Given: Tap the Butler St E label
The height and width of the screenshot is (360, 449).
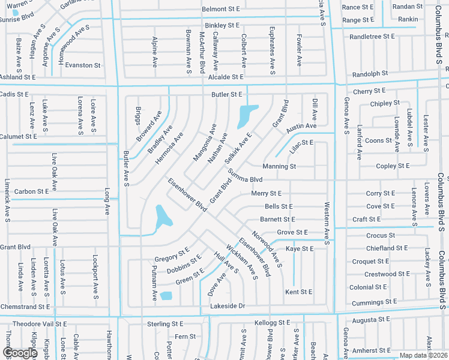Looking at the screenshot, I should coord(226,95).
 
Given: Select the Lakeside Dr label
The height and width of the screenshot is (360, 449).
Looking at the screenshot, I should coord(228,306).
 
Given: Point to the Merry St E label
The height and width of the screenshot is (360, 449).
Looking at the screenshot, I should coord(266,193).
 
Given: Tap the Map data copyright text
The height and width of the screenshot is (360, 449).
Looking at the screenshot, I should coord(422,355).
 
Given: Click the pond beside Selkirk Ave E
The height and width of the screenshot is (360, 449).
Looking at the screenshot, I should coord(246,115).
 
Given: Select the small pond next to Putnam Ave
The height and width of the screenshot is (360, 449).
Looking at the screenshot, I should coord(166,296).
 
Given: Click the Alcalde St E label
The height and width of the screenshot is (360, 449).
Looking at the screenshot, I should coord(226,77).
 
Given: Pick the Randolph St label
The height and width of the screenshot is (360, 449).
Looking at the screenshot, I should coord(370,74).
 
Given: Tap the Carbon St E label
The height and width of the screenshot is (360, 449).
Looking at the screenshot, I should coord(31,191).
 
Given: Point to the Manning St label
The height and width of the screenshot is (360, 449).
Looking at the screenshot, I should coord(279,166).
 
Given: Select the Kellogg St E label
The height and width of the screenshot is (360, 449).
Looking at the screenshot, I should coord(273,323).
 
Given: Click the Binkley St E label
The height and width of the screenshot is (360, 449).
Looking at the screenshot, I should coord(221,26).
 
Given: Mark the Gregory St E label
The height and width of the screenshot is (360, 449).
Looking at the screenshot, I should coord(172,254).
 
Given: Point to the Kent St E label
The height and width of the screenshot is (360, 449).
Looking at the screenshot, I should coord(298,292).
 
